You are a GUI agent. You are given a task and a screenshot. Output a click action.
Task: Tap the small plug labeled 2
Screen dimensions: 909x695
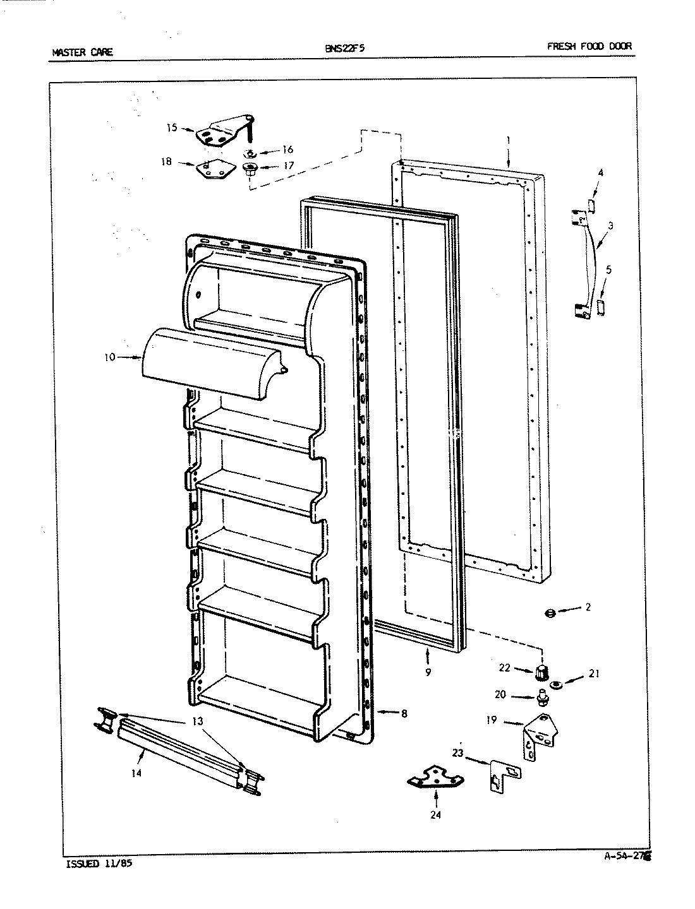pyautogui.click(x=549, y=614)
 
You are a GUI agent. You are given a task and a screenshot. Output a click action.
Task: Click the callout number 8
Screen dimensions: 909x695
pyautogui.click(x=404, y=714)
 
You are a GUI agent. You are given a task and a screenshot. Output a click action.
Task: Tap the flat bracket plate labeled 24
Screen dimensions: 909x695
pyautogui.click(x=435, y=777)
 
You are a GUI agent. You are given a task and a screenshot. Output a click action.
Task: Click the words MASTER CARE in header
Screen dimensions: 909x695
pyautogui.click(x=82, y=52)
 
